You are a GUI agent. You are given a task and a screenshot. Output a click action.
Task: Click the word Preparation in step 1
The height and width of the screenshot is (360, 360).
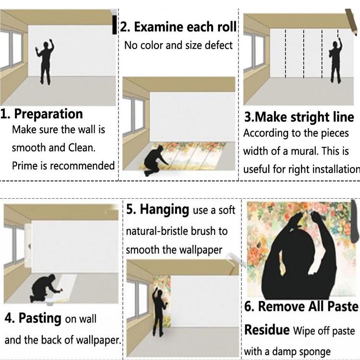tap(48, 114)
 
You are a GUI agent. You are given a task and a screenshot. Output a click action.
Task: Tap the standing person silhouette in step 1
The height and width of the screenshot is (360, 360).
tap(45, 62)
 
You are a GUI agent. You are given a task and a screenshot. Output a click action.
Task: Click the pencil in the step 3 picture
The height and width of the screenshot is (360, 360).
tap(351, 22)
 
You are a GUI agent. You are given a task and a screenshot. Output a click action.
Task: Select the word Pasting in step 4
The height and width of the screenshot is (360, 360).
tap(40, 318)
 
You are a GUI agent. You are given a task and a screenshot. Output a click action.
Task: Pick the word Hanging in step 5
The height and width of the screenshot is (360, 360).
tap(164, 209)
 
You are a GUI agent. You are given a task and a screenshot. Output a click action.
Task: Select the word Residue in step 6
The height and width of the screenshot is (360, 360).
tap(267, 330)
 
